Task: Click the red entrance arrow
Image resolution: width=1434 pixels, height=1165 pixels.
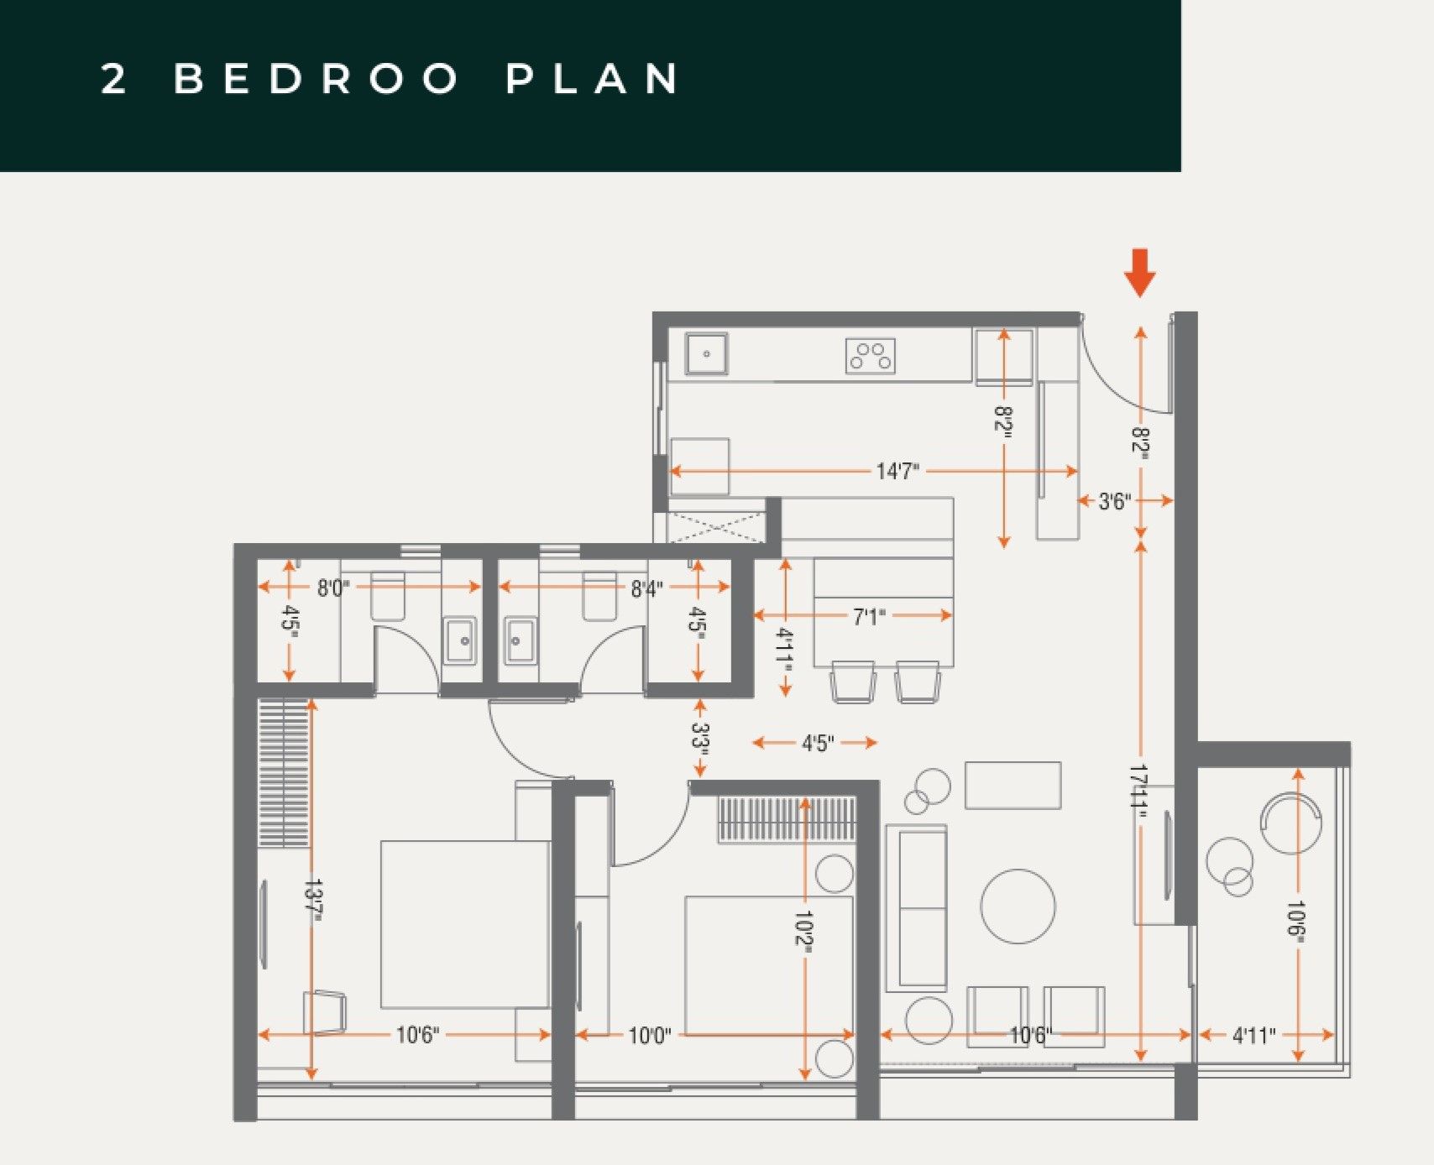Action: (x=1139, y=272)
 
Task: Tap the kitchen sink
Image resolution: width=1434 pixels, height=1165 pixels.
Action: (x=707, y=354)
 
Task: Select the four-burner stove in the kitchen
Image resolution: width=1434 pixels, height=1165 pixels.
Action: (x=871, y=356)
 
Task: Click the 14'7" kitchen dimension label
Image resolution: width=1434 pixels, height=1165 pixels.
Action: (x=898, y=472)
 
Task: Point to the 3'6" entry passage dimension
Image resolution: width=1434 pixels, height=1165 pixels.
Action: (x=1115, y=502)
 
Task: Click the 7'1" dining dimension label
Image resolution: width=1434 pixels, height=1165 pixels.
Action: (x=870, y=617)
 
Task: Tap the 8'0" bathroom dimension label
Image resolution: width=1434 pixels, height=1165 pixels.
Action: (x=333, y=588)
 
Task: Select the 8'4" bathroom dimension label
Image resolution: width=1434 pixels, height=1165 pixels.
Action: (x=646, y=589)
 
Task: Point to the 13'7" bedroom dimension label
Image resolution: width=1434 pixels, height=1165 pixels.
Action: (x=313, y=901)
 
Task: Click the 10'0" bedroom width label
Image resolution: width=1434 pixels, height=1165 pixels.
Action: (x=650, y=1036)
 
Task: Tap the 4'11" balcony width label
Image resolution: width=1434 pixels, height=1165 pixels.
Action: (x=1253, y=1036)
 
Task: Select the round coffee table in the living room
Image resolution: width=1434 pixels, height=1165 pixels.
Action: (x=1018, y=906)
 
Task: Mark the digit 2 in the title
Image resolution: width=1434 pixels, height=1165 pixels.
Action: (x=114, y=79)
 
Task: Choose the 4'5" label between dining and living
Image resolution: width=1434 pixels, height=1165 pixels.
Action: (x=816, y=743)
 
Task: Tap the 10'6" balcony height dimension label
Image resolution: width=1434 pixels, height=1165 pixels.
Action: (x=1297, y=924)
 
